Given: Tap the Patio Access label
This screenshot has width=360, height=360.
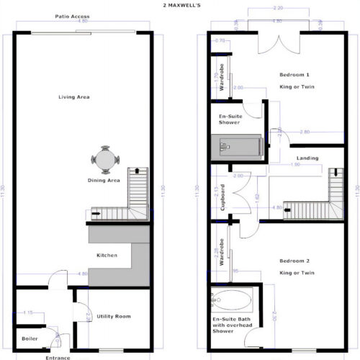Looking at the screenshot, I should pyautogui.click(x=71, y=16).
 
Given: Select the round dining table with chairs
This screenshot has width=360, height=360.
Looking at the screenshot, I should pyautogui.click(x=105, y=158).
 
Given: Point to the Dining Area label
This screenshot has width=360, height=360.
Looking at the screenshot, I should pyautogui.click(x=103, y=181).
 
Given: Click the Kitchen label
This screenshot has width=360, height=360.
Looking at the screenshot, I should pyautogui.click(x=107, y=255).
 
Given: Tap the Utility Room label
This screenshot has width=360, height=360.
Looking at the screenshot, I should pyautogui.click(x=114, y=316).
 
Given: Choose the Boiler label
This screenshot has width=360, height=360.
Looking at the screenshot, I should pyautogui.click(x=30, y=337).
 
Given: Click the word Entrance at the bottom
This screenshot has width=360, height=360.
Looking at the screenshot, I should pyautogui.click(x=58, y=357).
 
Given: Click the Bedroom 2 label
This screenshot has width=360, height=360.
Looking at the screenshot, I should pyautogui.click(x=297, y=263).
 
